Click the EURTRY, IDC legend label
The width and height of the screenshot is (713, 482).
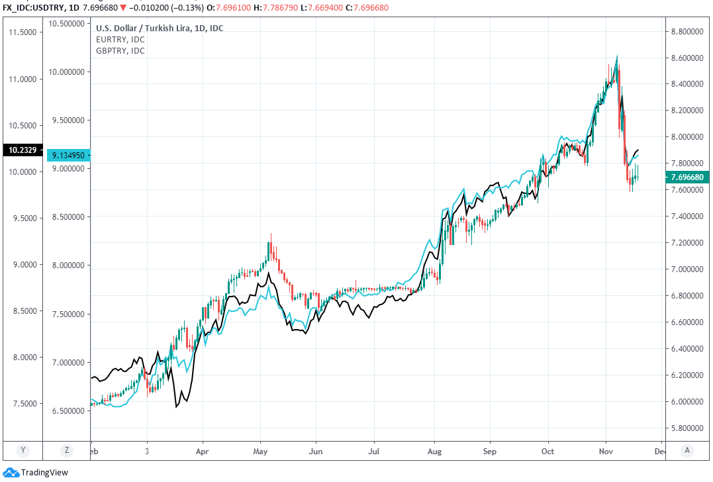tap(120, 39)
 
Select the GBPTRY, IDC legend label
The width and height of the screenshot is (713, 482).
tap(120, 50)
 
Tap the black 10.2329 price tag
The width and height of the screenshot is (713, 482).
tap(23, 150)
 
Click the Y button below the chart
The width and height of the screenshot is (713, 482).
tap(23, 450)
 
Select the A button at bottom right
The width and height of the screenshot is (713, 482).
tap(688, 450)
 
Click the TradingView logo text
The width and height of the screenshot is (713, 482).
tap(44, 473)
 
